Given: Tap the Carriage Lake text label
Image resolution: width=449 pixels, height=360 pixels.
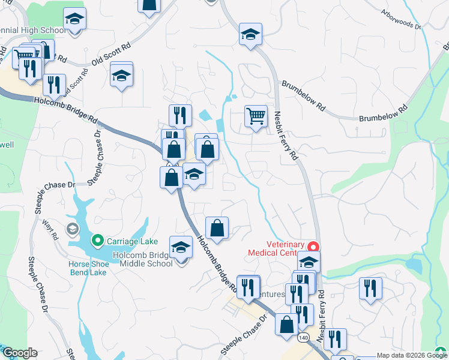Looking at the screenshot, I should (132, 242).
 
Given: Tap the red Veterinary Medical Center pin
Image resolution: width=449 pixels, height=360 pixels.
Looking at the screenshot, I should (313, 247).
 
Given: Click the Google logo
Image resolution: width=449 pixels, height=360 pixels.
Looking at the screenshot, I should (19, 353).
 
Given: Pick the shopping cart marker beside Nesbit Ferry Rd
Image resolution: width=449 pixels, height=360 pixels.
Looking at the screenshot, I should (256, 115).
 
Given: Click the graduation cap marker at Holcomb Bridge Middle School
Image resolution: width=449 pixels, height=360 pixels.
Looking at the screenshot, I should (181, 248).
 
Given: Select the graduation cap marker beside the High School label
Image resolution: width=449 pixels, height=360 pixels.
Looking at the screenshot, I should (74, 20).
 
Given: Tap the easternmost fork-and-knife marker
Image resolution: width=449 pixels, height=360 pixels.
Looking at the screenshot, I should (370, 288).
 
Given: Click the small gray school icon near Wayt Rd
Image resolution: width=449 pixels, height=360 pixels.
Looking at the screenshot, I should (73, 229).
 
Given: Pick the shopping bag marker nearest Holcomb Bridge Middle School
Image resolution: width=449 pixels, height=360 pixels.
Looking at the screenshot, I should (217, 228).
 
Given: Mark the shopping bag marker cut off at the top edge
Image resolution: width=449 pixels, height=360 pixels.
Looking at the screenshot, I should (149, 5).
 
